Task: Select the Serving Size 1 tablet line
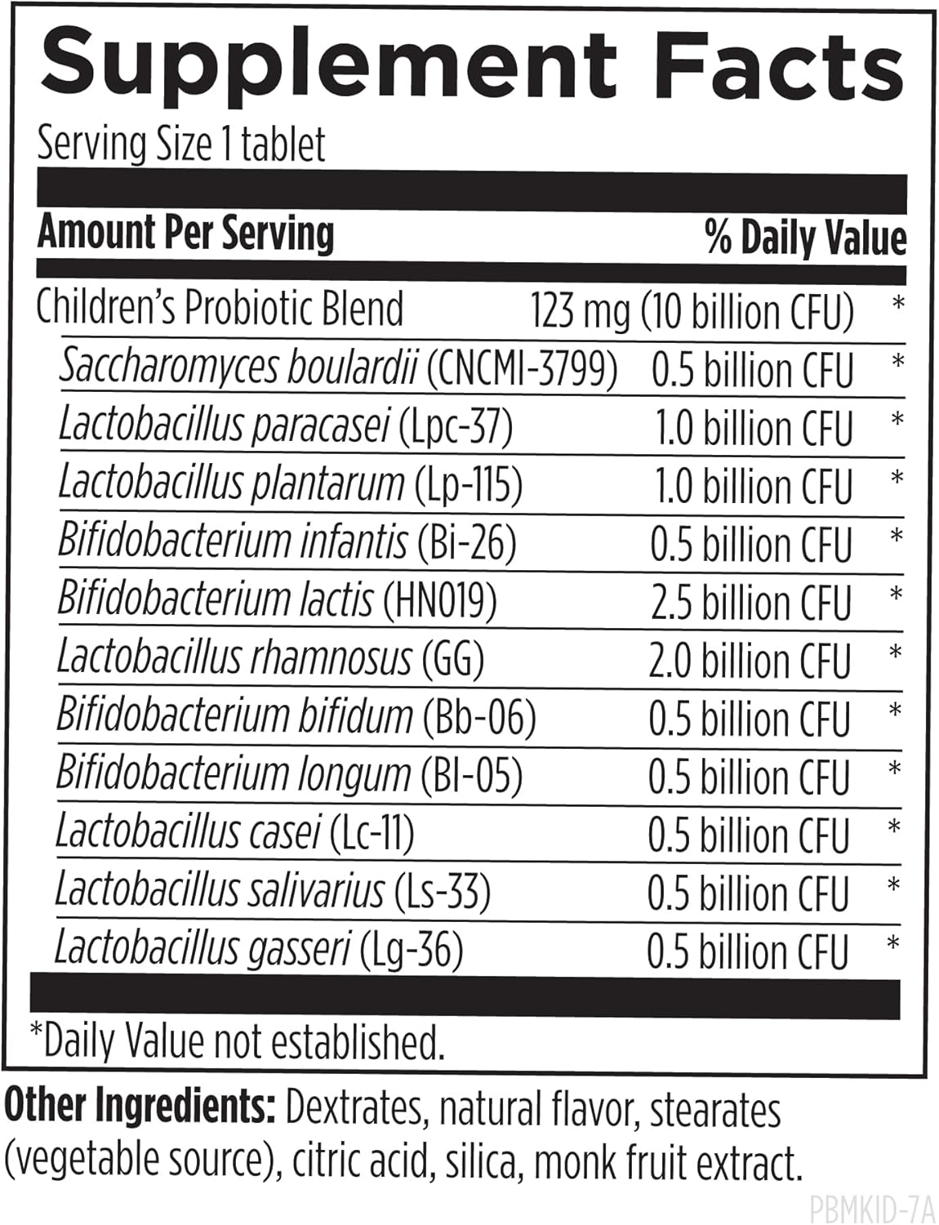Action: coord(181,145)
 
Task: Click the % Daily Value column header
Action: coord(805,238)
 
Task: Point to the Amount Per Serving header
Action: coord(186,233)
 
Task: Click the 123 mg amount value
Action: coord(581,311)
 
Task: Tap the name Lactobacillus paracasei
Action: coord(225,426)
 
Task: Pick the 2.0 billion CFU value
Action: coord(750,661)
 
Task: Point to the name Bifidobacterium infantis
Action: coord(233,542)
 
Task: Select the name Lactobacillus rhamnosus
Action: coord(235,659)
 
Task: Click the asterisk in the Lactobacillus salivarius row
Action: coord(894,884)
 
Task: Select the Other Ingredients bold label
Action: coord(139,1107)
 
